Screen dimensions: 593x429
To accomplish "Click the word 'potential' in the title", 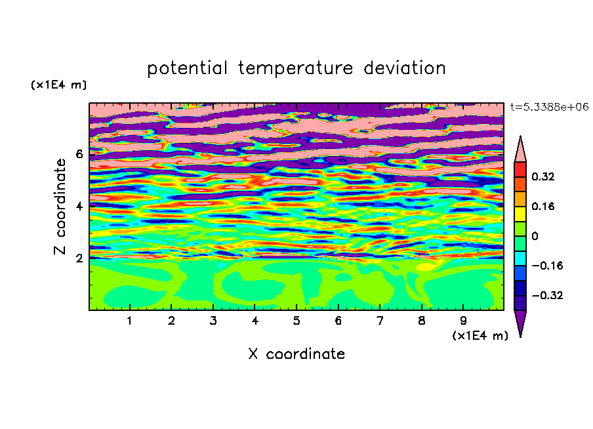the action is coord(187,68).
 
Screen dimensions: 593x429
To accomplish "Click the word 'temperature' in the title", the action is coord(296,68).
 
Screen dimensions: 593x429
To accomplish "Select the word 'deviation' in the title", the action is coord(405,68).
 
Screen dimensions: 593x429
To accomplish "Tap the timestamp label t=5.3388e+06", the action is coord(549,107).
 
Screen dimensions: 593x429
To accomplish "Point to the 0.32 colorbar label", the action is coord(543,176).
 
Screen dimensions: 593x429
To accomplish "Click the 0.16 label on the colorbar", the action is coord(543,206).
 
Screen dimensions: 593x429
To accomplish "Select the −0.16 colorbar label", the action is coord(547,266).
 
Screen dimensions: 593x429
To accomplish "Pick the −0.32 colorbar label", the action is coord(547,295).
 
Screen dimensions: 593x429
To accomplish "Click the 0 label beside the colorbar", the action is coord(535,236).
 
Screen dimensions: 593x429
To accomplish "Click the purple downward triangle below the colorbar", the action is coord(520,321).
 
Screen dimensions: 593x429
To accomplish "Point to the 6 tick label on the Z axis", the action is coord(79,154).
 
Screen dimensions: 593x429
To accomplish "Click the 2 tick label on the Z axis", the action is coord(79,258).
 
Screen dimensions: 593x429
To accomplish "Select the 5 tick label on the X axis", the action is coord(296,321).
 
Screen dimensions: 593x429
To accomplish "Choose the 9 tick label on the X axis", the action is coord(463,321).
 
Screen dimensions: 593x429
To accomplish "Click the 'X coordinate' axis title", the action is coord(296,354).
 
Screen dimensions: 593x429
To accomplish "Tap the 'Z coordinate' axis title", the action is coord(60,207).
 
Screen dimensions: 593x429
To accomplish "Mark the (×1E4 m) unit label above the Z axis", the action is coord(58,85).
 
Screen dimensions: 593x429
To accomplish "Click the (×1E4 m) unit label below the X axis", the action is coord(480,336).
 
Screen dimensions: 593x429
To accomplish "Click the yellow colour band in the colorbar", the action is coord(520,214).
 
